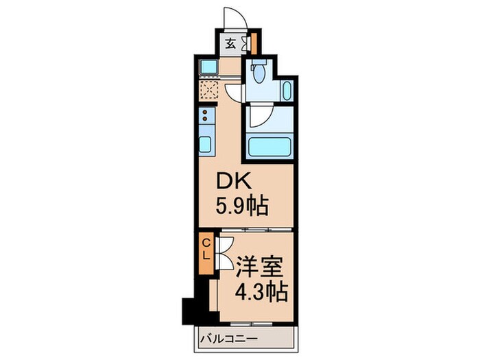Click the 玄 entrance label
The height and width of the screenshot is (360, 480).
tap(230, 43)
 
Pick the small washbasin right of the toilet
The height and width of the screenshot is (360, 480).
tap(286, 91)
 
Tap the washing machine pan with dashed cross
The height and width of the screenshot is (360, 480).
tap(208, 90)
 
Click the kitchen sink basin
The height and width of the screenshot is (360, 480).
tap(205, 145)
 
